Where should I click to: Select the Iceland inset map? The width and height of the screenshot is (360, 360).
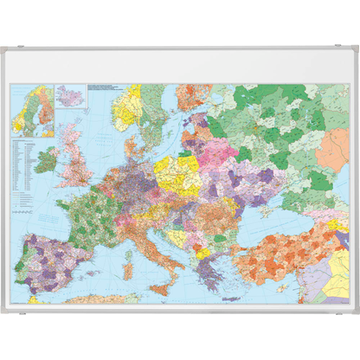click(x=68, y=93)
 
